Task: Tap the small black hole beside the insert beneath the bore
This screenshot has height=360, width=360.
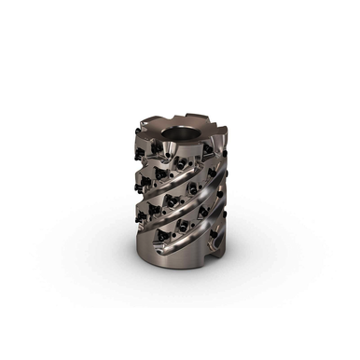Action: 191,159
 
